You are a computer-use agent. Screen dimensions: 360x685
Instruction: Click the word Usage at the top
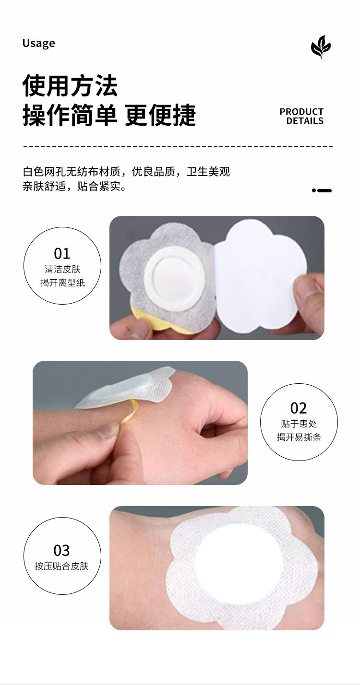pyautogui.click(x=38, y=44)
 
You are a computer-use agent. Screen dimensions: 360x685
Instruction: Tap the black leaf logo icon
pyautogui.click(x=321, y=47)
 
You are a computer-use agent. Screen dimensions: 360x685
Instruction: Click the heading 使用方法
pyautogui.click(x=70, y=85)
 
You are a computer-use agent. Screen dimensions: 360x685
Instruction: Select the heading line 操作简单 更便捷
pyautogui.click(x=109, y=115)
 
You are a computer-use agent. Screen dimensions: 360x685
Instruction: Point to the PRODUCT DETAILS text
pyautogui.click(x=301, y=116)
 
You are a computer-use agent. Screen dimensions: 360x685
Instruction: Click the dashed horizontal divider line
pyautogui.click(x=178, y=147)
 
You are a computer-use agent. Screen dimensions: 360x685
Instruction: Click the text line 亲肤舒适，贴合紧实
pyautogui.click(x=74, y=186)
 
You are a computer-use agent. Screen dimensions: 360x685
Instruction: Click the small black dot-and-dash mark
pyautogui.click(x=322, y=190)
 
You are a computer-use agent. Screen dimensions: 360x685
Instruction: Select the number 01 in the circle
pyautogui.click(x=62, y=253)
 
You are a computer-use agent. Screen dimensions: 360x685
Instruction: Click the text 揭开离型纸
pyautogui.click(x=62, y=283)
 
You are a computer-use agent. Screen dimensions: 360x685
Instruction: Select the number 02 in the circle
pyautogui.click(x=299, y=408)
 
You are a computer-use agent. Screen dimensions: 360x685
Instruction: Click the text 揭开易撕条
pyautogui.click(x=299, y=437)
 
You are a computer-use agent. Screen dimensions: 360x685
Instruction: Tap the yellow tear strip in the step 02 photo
pyautogui.click(x=129, y=411)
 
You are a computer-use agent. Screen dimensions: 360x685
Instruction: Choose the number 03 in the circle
pyautogui.click(x=62, y=551)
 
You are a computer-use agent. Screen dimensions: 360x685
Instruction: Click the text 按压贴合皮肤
pyautogui.click(x=61, y=566)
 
